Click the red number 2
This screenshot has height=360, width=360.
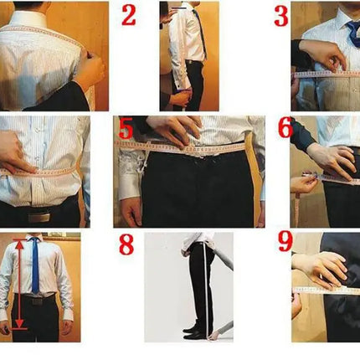[x=129, y=15]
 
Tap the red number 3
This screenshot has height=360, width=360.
[x=281, y=16]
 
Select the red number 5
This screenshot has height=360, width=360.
[x=126, y=128]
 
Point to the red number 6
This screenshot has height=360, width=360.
[x=285, y=127]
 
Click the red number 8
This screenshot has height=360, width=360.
[x=126, y=244]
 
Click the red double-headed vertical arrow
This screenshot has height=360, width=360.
[x=19, y=284]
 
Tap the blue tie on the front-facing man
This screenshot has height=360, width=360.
[x=35, y=265]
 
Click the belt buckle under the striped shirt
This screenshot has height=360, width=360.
[x=39, y=216]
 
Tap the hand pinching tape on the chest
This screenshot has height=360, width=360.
[x=322, y=55]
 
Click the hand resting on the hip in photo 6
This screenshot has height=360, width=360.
[x=332, y=162]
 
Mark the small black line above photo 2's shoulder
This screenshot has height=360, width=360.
[x=178, y=8]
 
